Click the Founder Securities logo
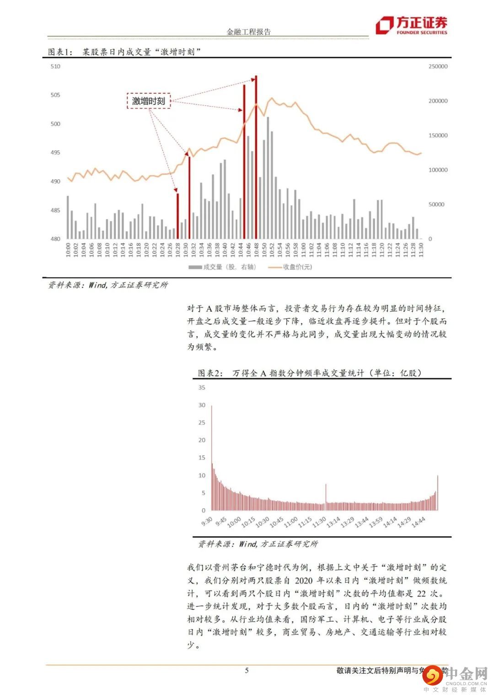click(411, 26)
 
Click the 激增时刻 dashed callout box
click(149, 101)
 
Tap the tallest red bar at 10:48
click(256, 157)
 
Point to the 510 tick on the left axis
click(55, 66)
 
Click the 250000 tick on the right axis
click(438, 66)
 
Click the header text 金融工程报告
click(249, 32)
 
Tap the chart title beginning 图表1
click(124, 52)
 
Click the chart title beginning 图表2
click(310, 373)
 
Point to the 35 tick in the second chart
click(202, 388)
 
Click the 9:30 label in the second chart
click(207, 521)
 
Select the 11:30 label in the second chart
click(319, 521)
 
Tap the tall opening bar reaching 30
click(211, 457)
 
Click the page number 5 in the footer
click(247, 671)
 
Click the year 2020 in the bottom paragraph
click(304, 581)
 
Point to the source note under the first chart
click(108, 285)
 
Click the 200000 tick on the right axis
click(438, 101)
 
